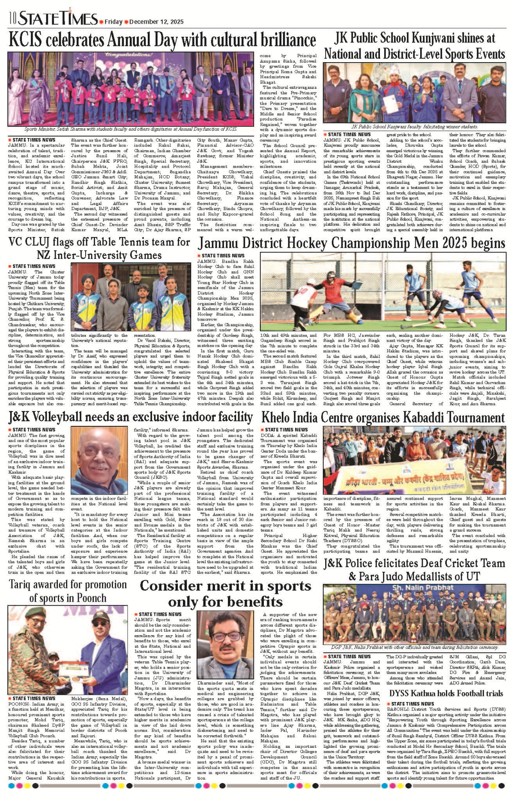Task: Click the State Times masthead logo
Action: (x=58, y=18)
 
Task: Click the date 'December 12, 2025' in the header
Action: (x=156, y=22)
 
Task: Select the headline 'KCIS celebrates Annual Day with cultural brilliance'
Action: (x=162, y=40)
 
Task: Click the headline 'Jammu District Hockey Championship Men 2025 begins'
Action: (x=351, y=243)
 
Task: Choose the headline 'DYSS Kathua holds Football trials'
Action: (x=446, y=693)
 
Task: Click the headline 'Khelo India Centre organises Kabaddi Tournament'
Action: (x=383, y=417)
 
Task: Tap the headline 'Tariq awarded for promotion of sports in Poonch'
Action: (x=68, y=591)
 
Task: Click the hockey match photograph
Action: (x=383, y=291)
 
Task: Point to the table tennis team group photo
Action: (x=131, y=296)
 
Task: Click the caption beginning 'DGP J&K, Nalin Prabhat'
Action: (x=414, y=648)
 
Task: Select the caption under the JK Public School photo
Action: (x=414, y=127)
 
